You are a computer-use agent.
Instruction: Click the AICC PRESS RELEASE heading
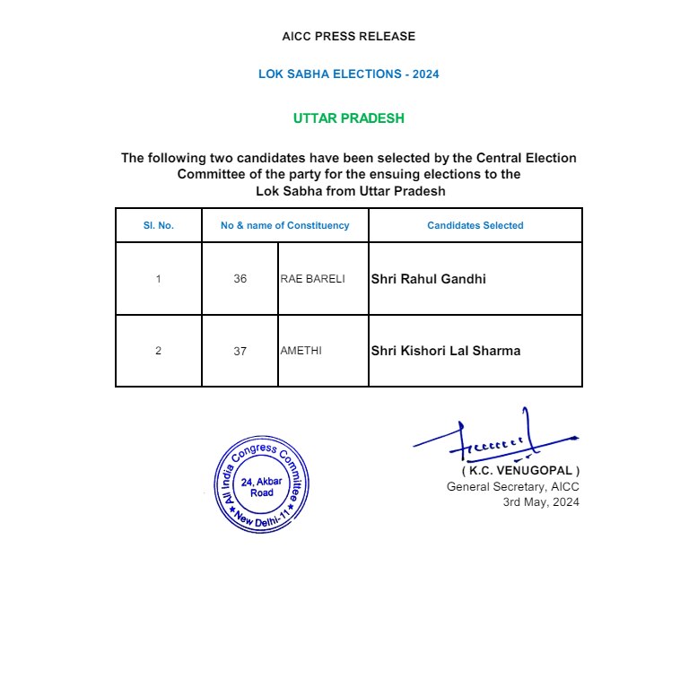[349, 37]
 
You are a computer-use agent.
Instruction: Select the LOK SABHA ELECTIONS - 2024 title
[349, 74]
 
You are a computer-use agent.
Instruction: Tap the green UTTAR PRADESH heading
[349, 118]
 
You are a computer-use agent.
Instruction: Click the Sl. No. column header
[158, 225]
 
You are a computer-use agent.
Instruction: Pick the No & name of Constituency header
[284, 225]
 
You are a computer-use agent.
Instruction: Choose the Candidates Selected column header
[475, 225]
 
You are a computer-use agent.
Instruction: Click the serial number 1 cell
[158, 279]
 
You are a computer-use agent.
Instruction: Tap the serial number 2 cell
[158, 351]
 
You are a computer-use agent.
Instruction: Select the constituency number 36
[240, 279]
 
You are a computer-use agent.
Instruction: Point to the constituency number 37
[240, 352]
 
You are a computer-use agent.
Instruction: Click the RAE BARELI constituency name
[312, 279]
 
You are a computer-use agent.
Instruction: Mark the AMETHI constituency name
[301, 351]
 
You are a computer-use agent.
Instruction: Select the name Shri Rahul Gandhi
[429, 279]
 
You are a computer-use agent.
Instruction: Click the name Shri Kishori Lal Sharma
[446, 351]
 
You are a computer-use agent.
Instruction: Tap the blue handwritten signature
[493, 439]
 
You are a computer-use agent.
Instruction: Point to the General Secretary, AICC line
[513, 487]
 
